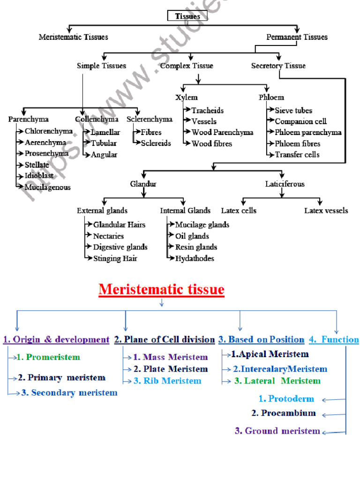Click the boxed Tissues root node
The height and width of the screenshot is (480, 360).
click(x=187, y=16)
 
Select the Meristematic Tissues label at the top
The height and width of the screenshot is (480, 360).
click(x=73, y=37)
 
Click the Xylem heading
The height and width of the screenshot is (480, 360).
click(x=186, y=97)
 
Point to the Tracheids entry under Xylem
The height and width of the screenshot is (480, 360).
click(x=207, y=111)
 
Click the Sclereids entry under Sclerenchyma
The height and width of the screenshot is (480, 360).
click(x=156, y=143)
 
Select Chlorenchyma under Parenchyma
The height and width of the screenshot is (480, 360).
click(x=48, y=131)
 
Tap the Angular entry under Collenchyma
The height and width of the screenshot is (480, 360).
click(x=104, y=154)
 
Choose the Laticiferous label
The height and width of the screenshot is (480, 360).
click(x=285, y=184)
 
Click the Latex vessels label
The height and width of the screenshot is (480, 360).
click(x=326, y=210)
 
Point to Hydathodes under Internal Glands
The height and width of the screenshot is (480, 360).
click(x=195, y=258)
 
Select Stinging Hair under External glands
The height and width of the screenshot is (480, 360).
click(x=115, y=258)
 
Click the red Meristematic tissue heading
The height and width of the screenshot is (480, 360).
click(x=161, y=290)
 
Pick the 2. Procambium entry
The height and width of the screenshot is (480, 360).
click(x=283, y=413)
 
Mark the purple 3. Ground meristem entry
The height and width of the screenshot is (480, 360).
click(x=277, y=431)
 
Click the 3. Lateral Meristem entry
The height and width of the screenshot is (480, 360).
click(x=277, y=381)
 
